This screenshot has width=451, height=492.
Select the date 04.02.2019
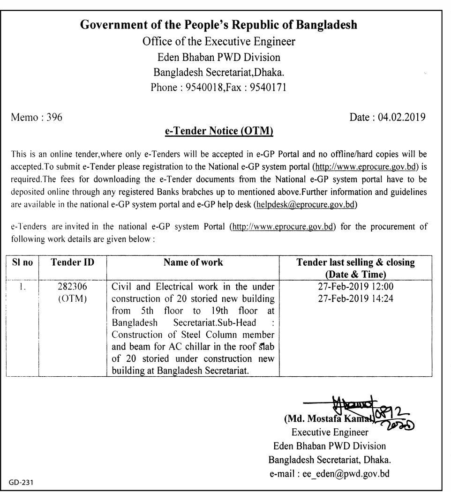(402, 118)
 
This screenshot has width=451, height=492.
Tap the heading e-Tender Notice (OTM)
(218, 132)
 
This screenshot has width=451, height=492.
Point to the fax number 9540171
(269, 87)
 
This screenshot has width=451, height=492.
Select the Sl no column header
(23, 263)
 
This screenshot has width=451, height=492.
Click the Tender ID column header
(72, 263)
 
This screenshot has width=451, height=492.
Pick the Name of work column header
(193, 263)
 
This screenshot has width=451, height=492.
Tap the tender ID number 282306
(72, 286)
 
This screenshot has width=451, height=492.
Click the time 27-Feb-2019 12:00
(355, 286)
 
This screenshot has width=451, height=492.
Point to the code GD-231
(21, 482)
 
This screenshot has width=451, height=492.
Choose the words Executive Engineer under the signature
(330, 432)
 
